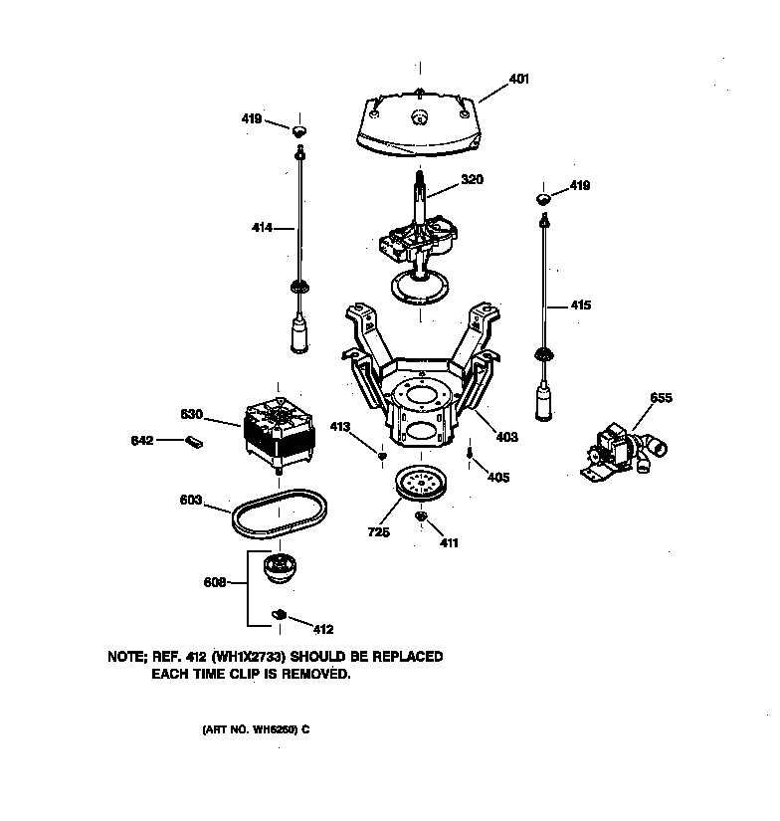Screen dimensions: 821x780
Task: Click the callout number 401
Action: coord(519,79)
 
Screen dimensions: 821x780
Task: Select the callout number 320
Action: coord(472,181)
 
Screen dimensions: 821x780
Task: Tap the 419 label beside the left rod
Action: coord(252,119)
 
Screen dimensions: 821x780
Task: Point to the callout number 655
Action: coord(661,398)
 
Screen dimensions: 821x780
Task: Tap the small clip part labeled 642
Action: coord(194,440)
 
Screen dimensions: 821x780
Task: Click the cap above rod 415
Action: coord(543,199)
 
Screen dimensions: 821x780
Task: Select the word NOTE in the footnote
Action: coord(127,658)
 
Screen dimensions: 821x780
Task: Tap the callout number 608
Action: coord(213,582)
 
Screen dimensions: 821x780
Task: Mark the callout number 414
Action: coord(264,229)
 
